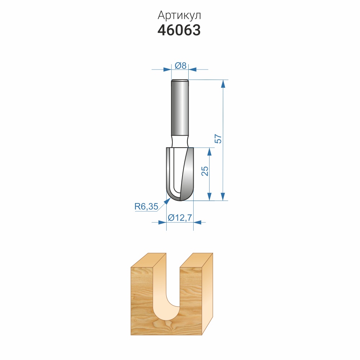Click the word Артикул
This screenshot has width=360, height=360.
tap(179, 15)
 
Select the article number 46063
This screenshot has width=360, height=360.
tap(179, 30)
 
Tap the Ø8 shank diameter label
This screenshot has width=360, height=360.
tap(180, 66)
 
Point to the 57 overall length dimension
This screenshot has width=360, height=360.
tap(219, 139)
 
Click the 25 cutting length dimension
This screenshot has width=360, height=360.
tap(205, 171)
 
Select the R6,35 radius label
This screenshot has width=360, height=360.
tap(146, 206)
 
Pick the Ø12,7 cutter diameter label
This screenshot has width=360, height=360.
tap(180, 217)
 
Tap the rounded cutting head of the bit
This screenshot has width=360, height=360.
tap(180, 174)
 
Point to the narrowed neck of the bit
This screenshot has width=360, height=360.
tap(180, 141)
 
